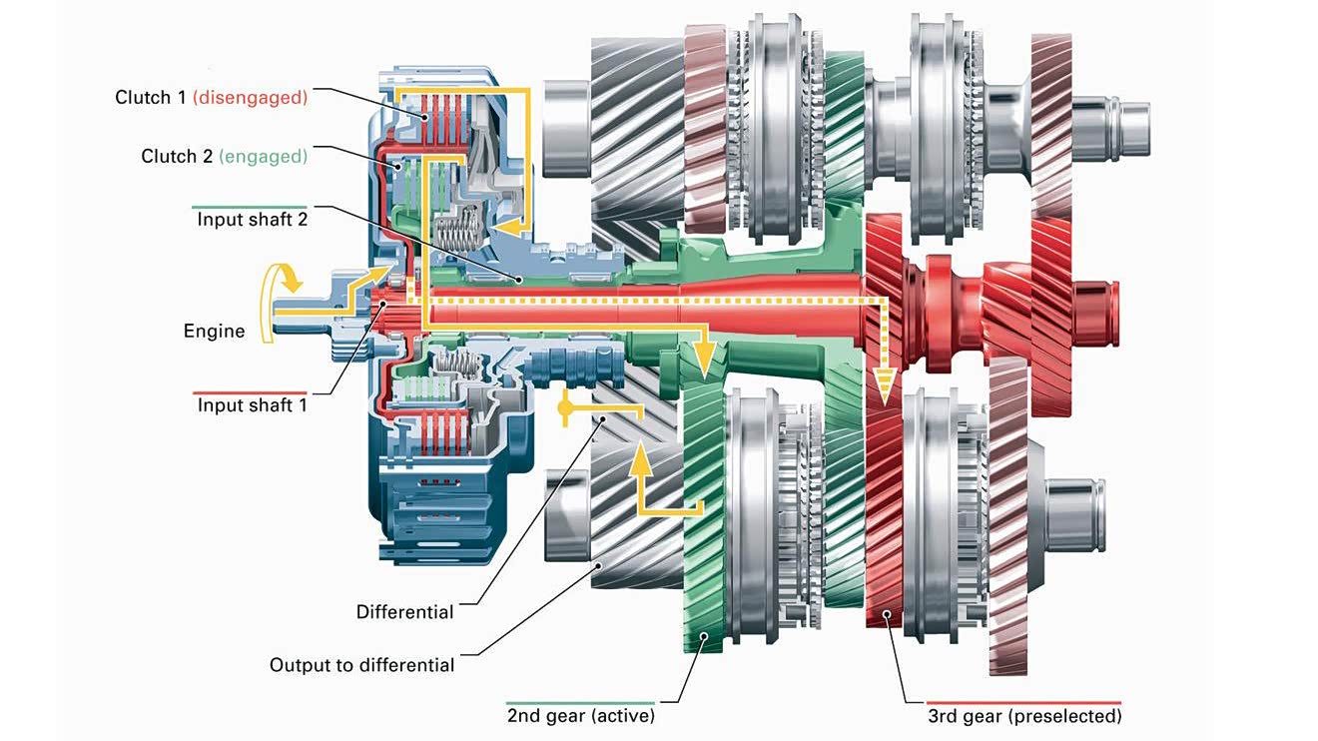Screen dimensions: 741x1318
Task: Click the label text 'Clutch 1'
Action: coord(150,98)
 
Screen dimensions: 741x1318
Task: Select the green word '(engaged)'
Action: coord(263,157)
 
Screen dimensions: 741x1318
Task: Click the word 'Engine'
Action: coord(214,331)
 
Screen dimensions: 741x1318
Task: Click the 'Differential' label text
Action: coord(404,612)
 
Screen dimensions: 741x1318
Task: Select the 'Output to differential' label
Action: coord(361,665)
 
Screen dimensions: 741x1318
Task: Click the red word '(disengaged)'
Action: coord(250,98)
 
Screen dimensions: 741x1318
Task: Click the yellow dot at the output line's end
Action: coord(565,408)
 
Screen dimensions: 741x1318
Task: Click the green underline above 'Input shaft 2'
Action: coord(249,206)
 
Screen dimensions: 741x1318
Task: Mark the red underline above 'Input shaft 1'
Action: coord(249,391)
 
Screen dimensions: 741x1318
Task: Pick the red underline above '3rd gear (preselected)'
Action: coord(1023,703)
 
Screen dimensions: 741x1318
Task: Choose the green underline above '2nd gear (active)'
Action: coord(580,703)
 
